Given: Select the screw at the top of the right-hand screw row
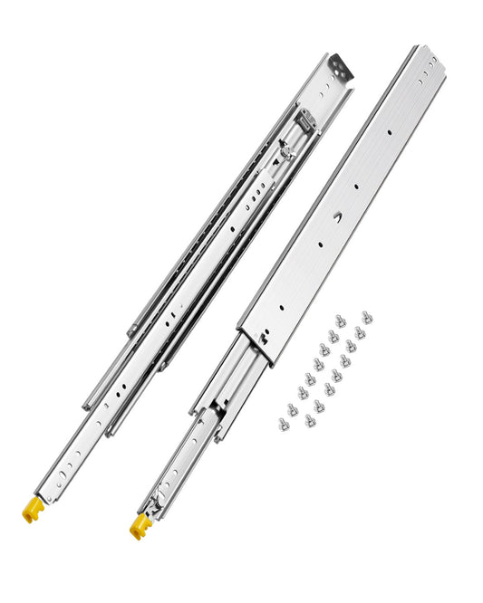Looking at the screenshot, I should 367,318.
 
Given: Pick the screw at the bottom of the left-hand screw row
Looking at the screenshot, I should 284,423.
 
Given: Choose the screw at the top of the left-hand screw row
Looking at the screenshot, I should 341,321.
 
